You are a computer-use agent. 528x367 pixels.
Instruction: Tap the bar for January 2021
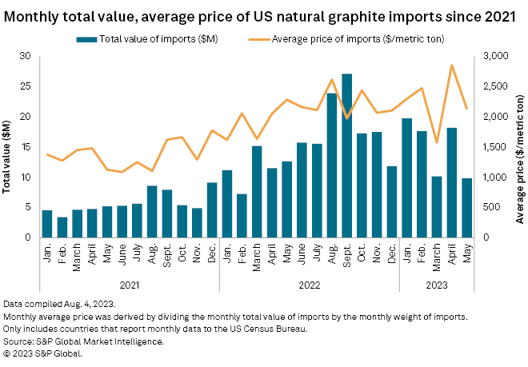[47, 224]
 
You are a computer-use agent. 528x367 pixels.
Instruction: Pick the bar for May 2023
[467, 208]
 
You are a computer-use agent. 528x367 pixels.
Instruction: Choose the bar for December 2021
[212, 210]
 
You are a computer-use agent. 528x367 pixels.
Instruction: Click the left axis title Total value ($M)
[7, 147]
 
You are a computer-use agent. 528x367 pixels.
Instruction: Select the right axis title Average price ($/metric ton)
[521, 147]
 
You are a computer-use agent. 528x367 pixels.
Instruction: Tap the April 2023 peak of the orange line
[452, 66]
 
